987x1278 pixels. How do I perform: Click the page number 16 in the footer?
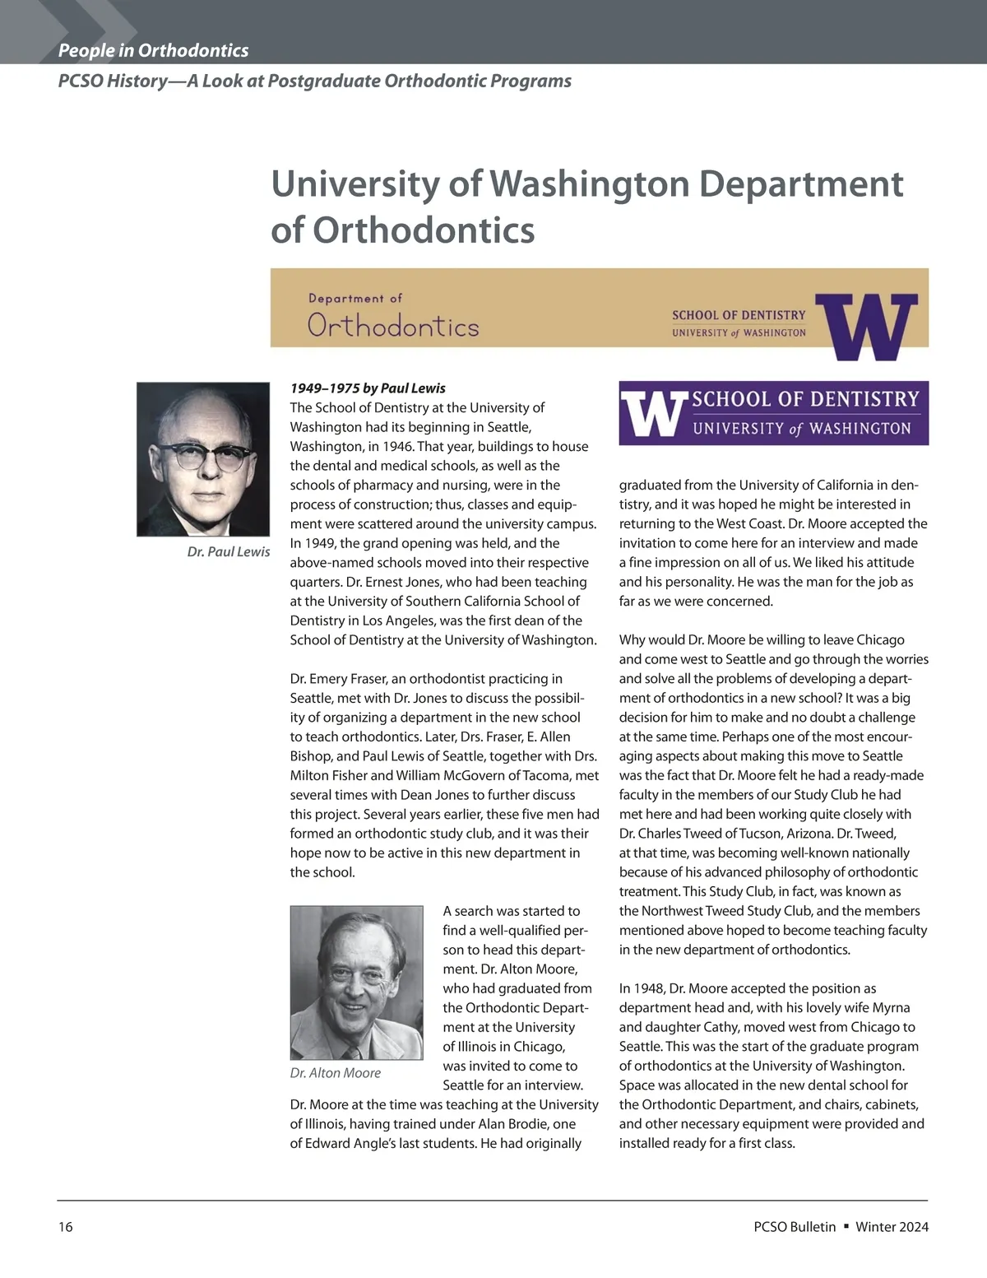(66, 1227)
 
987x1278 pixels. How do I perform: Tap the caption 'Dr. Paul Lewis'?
(228, 551)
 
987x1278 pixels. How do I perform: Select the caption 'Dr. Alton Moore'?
(336, 1073)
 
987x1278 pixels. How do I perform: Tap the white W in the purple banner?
(653, 413)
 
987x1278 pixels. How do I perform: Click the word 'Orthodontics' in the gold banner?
(393, 327)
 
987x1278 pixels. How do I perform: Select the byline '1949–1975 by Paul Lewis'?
(368, 388)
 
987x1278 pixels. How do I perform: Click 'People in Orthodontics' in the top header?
(153, 50)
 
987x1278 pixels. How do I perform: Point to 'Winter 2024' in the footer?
(892, 1227)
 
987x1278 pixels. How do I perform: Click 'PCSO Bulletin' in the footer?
(795, 1227)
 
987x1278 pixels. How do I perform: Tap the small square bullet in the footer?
(846, 1226)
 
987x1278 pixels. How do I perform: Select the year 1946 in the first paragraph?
(396, 446)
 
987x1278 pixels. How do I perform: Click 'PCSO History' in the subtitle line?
(113, 81)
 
